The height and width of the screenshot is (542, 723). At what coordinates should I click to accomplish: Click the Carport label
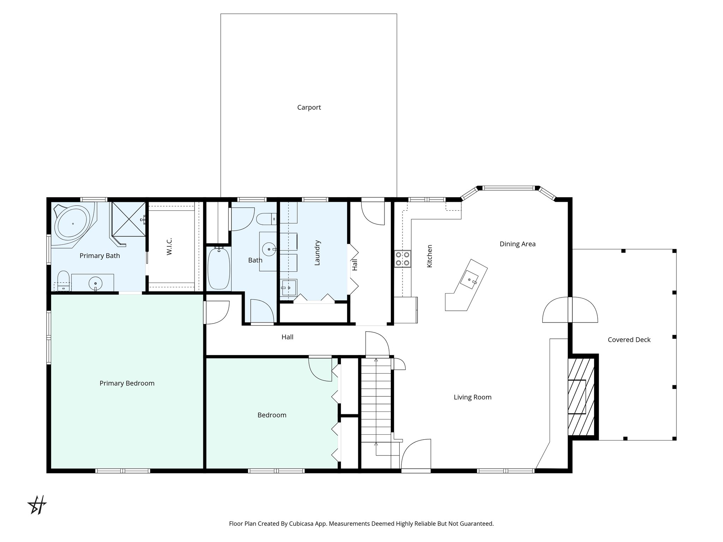[309, 107]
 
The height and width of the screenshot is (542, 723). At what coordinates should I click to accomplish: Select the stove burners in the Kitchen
[402, 258]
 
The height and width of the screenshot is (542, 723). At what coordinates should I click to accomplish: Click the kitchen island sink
[470, 279]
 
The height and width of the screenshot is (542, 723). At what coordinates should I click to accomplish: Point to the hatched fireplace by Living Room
[581, 397]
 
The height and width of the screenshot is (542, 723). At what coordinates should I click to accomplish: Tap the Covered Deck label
[629, 340]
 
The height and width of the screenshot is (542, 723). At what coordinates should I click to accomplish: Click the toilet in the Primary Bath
[63, 281]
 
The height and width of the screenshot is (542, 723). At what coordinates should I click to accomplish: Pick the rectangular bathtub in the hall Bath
[219, 268]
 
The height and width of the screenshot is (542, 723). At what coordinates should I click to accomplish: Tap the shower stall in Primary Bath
[129, 218]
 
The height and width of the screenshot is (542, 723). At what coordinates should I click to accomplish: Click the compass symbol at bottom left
[37, 505]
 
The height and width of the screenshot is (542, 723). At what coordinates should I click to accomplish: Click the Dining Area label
[517, 244]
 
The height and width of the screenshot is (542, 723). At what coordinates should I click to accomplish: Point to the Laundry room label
[317, 253]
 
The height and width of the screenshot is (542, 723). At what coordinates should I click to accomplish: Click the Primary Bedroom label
[127, 383]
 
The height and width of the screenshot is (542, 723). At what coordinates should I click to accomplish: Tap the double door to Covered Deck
[570, 310]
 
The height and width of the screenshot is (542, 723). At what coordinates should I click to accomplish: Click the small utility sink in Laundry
[289, 288]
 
